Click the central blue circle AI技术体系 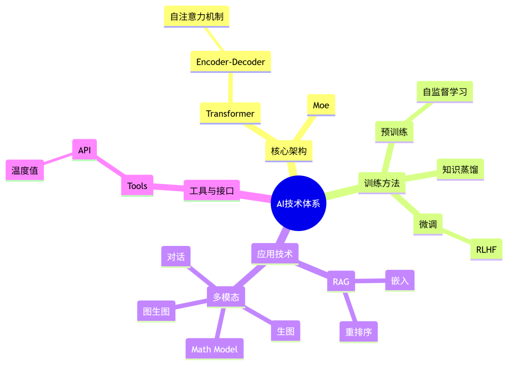(298, 203)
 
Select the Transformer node (230, 113)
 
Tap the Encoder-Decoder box (230, 62)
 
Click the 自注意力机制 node (197, 16)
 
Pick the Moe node (321, 105)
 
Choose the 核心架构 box (289, 151)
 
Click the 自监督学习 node (445, 92)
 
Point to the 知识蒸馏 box (460, 169)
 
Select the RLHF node (486, 249)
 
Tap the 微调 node (428, 224)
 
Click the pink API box (85, 150)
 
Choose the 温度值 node (24, 170)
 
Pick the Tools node (137, 186)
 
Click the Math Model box (214, 349)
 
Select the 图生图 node (156, 311)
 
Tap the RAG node (341, 281)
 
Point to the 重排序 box (358, 332)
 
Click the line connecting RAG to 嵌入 (370, 281)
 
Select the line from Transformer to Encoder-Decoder (230, 88)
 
